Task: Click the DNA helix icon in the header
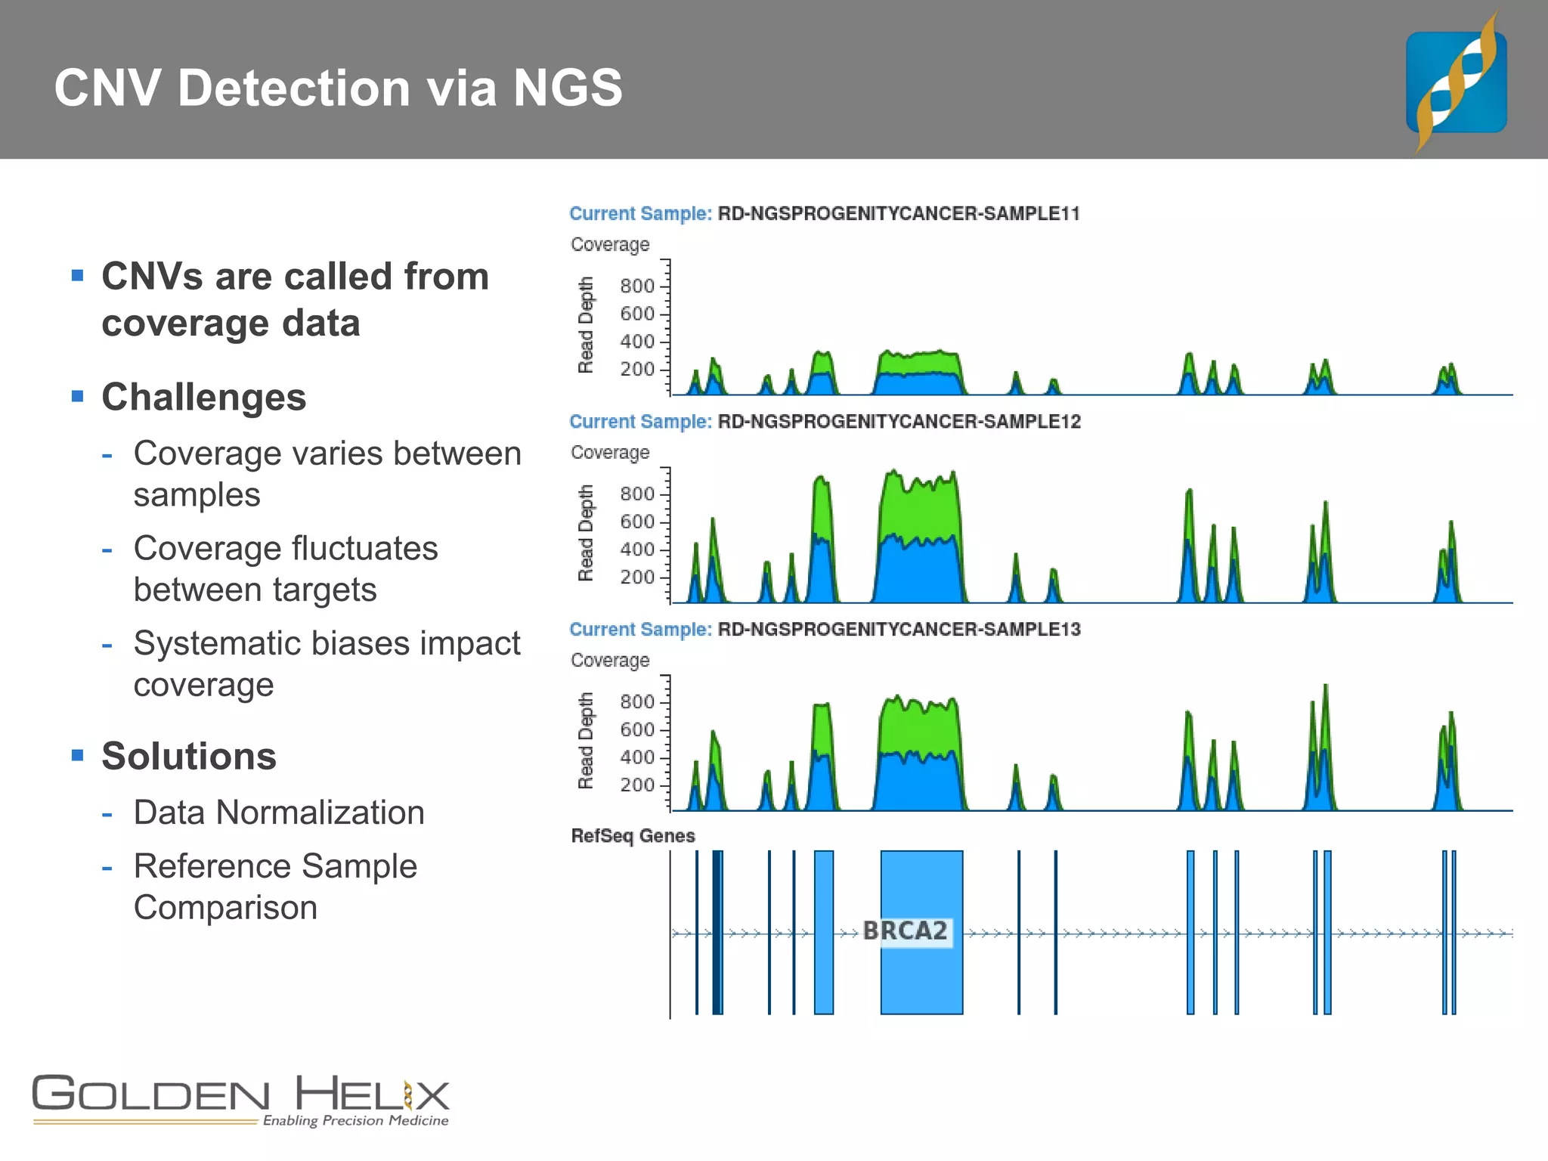coord(1456,82)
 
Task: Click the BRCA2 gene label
coord(905,930)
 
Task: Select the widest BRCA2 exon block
coord(921,892)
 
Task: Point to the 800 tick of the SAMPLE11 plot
coord(637,286)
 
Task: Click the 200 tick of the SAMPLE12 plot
coord(637,577)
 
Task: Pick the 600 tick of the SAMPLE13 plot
coord(637,729)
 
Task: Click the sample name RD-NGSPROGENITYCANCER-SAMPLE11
coord(898,214)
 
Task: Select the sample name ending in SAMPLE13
coord(899,630)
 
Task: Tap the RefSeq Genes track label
coord(633,836)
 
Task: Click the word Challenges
coord(204,398)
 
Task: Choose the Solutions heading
coord(189,757)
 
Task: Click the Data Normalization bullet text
coord(279,813)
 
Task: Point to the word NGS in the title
coord(568,88)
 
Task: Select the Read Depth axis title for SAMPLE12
coord(586,533)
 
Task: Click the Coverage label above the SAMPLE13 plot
coord(610,661)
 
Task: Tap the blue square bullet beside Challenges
coord(77,396)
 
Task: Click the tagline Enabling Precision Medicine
coord(355,1120)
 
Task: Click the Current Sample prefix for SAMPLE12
coord(640,422)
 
